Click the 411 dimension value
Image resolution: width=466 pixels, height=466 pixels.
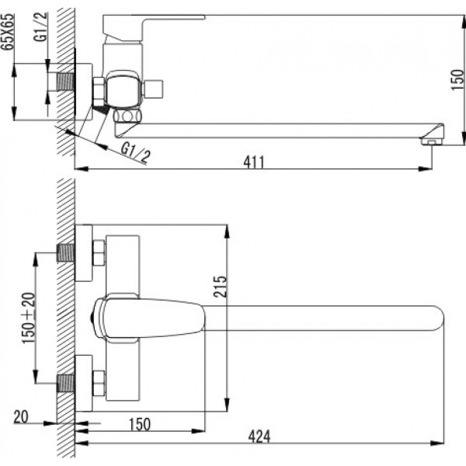253,162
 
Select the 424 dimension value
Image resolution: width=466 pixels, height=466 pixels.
259,436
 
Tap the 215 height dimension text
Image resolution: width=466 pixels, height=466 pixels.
220,287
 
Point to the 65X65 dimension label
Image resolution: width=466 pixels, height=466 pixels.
8,32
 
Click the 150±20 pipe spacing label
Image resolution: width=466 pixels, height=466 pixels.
29,318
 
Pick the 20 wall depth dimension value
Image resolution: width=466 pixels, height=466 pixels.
21,416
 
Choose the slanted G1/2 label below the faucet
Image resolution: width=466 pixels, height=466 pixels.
135,152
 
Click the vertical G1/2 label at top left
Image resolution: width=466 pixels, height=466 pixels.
41,26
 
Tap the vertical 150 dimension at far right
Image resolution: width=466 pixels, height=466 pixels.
457,80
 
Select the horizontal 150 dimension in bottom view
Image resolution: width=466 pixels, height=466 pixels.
140,424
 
